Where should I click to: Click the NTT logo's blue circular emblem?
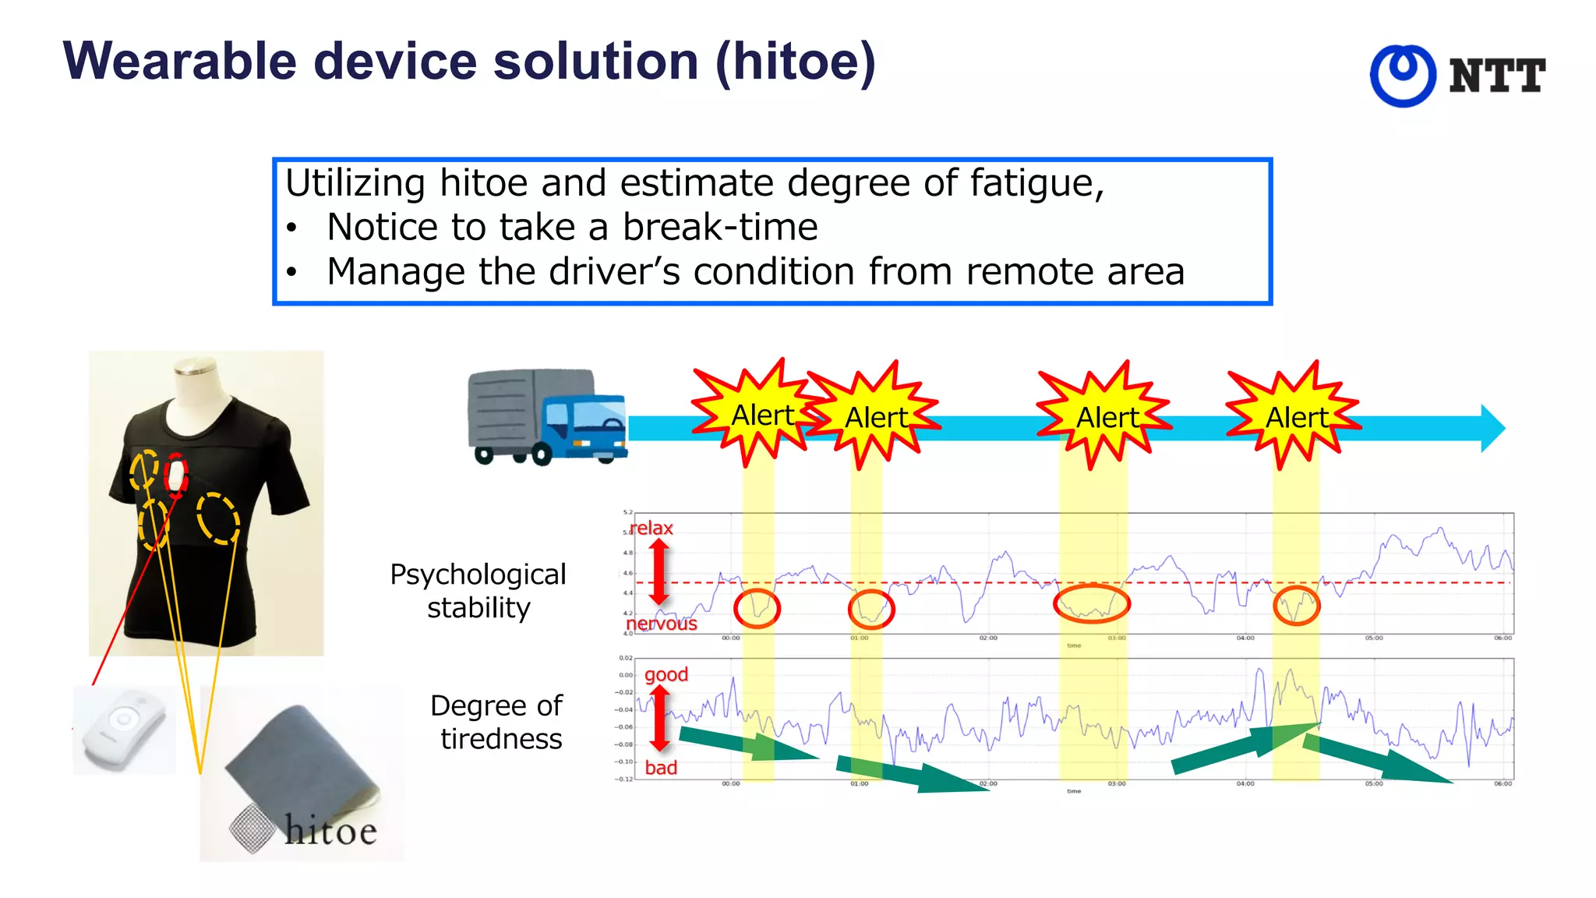click(x=1403, y=76)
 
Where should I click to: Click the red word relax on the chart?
click(x=651, y=529)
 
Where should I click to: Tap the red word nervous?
click(x=662, y=624)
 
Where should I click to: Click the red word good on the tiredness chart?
click(x=666, y=674)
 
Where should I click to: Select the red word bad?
click(x=661, y=768)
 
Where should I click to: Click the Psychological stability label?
click(x=478, y=591)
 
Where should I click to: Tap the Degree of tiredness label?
click(x=497, y=722)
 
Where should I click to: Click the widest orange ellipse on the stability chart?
click(x=1091, y=603)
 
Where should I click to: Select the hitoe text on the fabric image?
click(x=330, y=830)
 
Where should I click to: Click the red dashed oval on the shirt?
click(x=176, y=475)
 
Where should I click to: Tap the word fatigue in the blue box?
click(x=1036, y=184)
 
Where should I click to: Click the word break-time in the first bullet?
click(x=720, y=228)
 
